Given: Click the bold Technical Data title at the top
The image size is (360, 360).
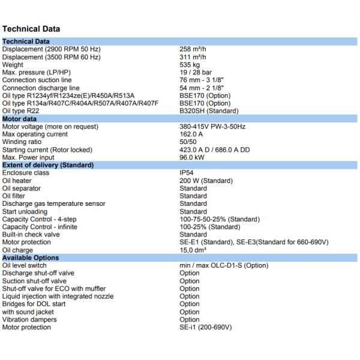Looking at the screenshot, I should pyautogui.click(x=31, y=28).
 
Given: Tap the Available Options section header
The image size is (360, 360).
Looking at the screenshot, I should pyautogui.click(x=31, y=258).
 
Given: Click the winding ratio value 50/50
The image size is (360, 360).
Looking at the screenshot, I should pyautogui.click(x=189, y=142).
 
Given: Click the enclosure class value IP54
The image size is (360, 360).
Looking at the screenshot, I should pyautogui.click(x=188, y=173).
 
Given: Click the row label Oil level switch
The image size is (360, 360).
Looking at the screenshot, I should pyautogui.click(x=25, y=266).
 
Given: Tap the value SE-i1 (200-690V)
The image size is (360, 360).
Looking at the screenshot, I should pyautogui.click(x=206, y=328).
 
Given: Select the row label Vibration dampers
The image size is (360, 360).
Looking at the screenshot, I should pyautogui.click(x=29, y=320).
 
